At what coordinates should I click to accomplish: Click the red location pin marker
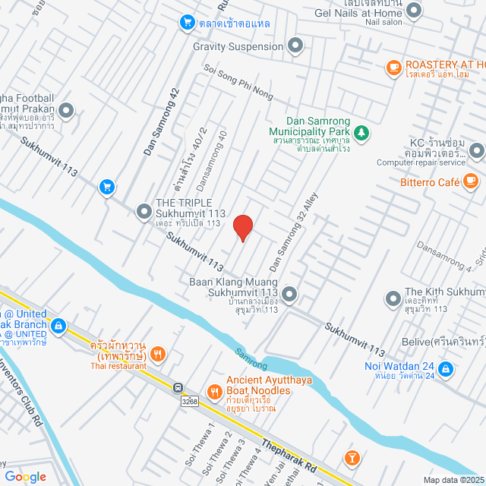242,227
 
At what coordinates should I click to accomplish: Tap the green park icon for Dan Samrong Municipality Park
362,132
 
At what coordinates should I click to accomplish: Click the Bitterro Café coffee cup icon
471,181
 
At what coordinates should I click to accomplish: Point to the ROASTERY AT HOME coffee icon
393,67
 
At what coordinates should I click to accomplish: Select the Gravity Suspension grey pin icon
296,47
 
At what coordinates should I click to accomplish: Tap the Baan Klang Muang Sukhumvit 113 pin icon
289,292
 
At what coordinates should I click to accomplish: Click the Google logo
25,476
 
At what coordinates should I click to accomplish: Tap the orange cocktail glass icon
352,457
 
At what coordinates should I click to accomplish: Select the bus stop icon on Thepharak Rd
178,387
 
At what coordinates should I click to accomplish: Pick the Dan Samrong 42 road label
162,122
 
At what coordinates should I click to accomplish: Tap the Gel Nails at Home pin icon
414,11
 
